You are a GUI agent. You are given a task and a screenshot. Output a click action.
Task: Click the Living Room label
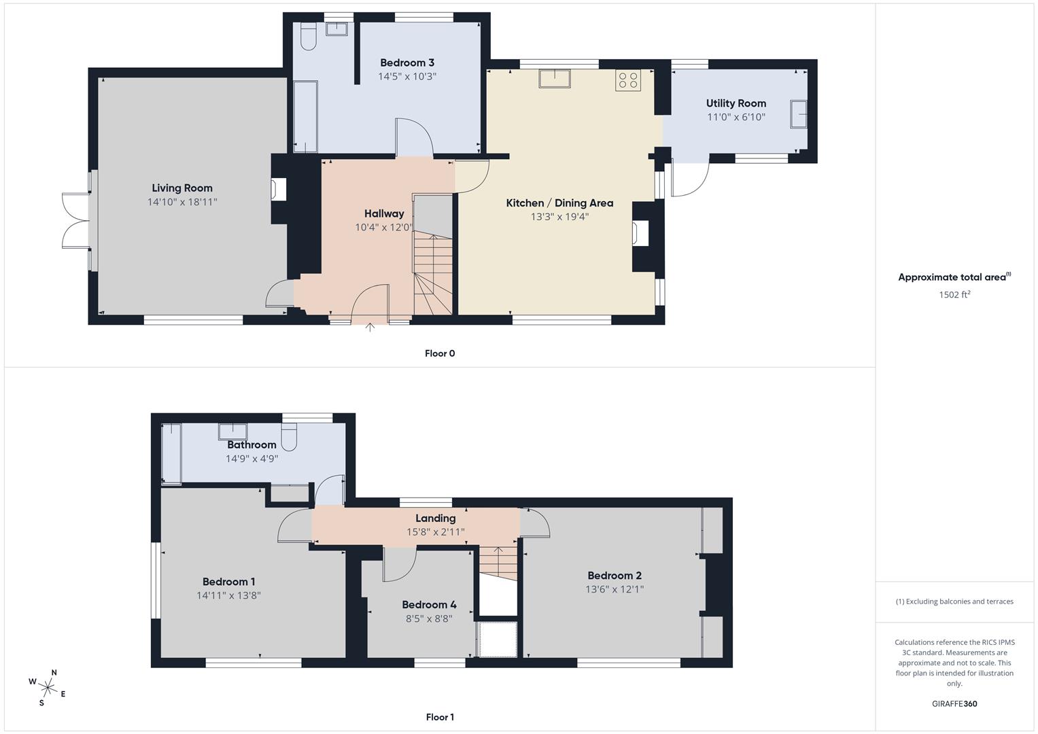click(x=181, y=188)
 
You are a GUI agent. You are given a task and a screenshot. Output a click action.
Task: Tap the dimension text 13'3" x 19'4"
click(x=559, y=217)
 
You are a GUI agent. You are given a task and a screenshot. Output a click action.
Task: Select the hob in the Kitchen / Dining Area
click(x=628, y=80)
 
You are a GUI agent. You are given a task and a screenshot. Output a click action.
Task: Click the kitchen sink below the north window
click(x=555, y=78)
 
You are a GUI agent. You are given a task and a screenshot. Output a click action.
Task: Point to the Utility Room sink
click(x=798, y=114)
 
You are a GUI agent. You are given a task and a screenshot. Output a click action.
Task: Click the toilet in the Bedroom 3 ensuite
click(x=308, y=37)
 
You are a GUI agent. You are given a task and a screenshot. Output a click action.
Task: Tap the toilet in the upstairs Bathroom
click(x=290, y=437)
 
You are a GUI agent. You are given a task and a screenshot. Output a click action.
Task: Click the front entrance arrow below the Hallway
click(x=370, y=328)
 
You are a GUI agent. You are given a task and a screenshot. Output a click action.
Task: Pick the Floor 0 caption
click(x=439, y=353)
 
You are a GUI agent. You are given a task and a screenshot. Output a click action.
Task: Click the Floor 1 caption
click(x=439, y=717)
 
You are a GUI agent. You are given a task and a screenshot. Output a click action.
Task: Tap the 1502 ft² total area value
click(x=954, y=295)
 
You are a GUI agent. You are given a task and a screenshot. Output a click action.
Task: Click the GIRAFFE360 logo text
click(x=954, y=703)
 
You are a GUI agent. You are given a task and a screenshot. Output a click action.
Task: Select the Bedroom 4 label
click(x=429, y=605)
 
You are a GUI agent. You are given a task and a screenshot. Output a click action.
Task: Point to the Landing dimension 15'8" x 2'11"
click(x=435, y=532)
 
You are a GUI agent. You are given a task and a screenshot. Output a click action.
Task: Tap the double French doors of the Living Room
click(x=76, y=221)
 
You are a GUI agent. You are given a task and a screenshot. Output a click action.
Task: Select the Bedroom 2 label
click(x=615, y=576)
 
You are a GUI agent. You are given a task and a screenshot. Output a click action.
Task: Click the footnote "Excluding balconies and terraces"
click(x=954, y=601)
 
